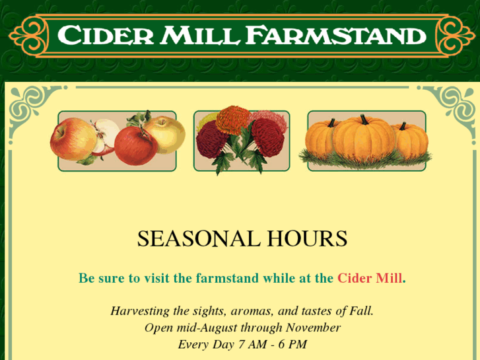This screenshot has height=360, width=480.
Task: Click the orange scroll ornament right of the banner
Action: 456,35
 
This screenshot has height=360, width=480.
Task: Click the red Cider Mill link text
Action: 369,278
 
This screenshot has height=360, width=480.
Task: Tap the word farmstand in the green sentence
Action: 227,278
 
